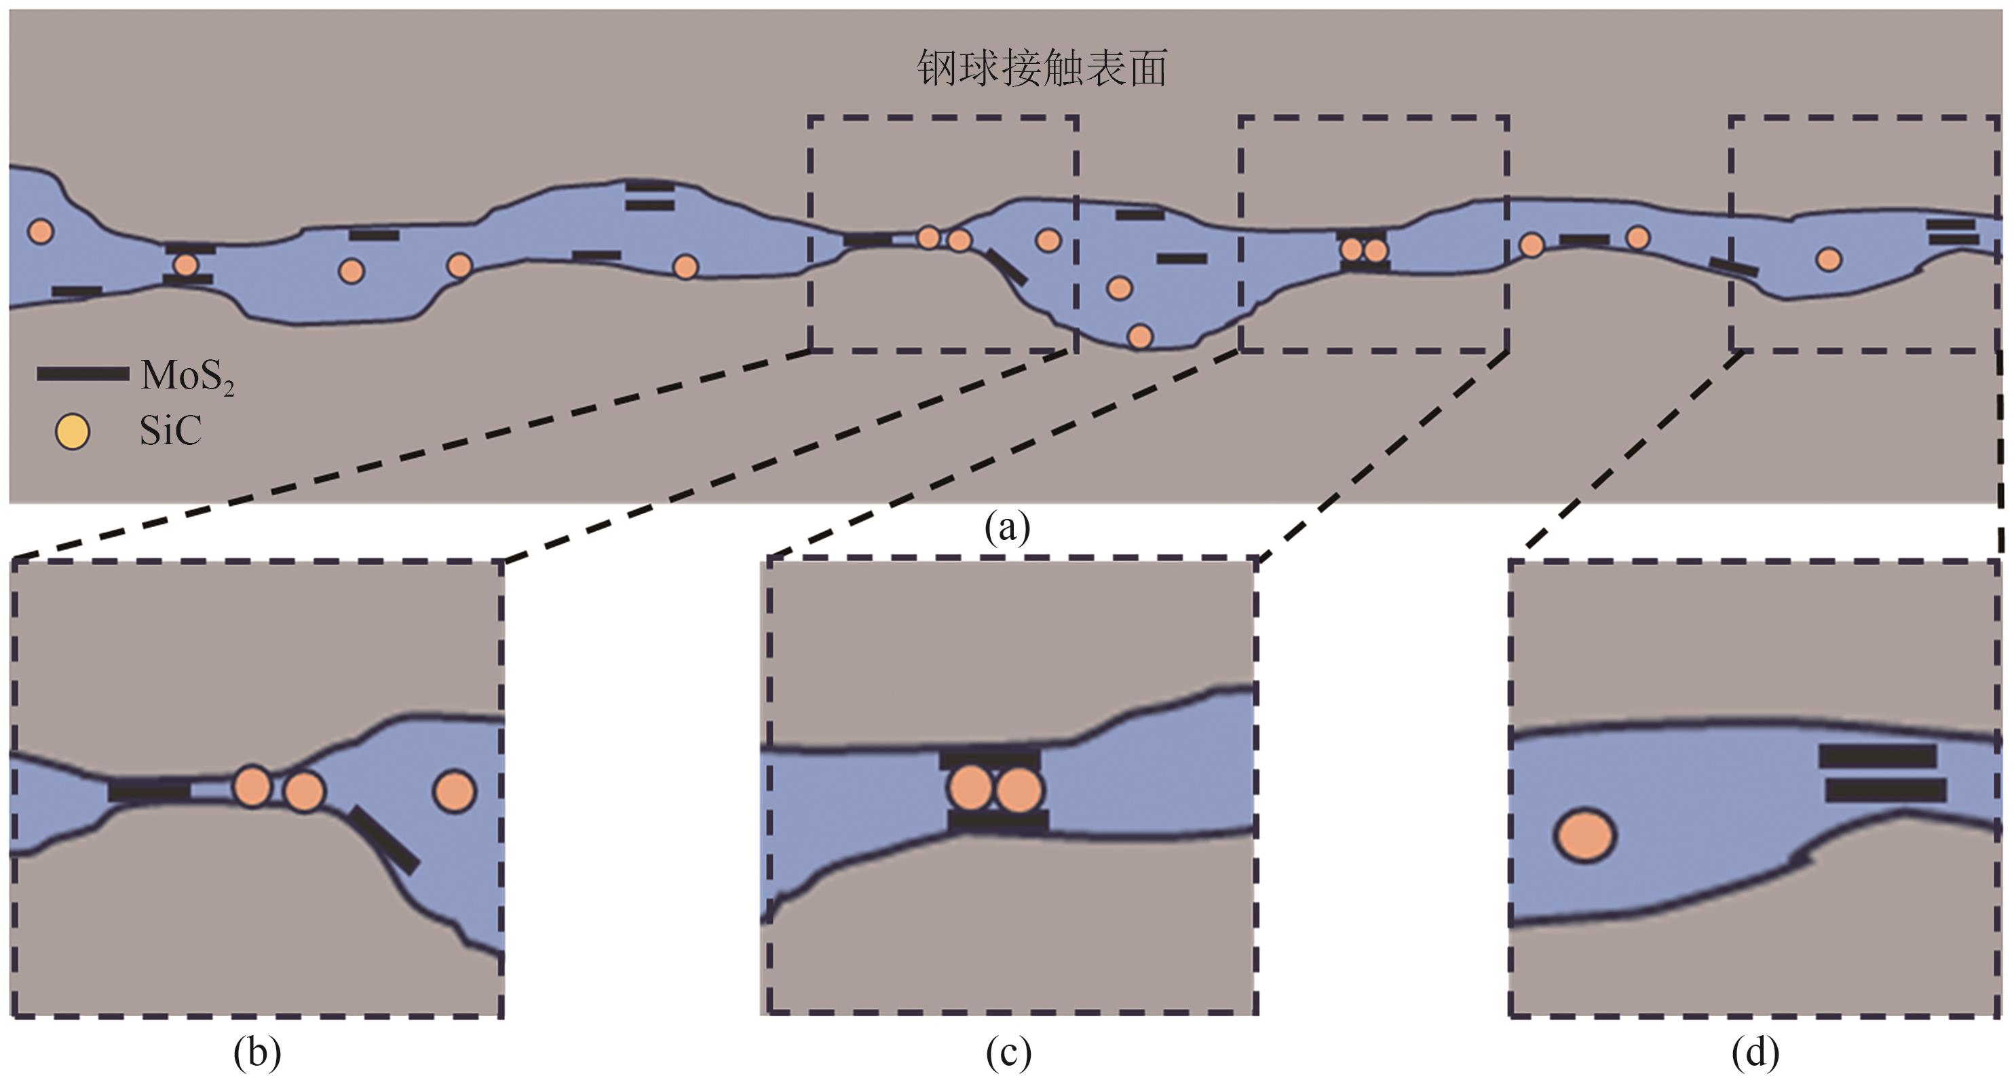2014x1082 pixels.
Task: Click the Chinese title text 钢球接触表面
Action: (x=1042, y=68)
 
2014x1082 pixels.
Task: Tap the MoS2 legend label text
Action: (x=188, y=377)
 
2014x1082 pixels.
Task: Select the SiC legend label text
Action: (x=170, y=431)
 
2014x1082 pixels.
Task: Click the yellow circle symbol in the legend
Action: (x=72, y=432)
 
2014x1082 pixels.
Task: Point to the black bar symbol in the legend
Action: (x=83, y=374)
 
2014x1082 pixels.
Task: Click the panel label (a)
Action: (x=1007, y=527)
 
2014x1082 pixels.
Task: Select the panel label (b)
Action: (x=256, y=1053)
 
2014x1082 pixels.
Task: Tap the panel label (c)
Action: (x=1008, y=1053)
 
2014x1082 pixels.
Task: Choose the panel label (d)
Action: (x=1756, y=1053)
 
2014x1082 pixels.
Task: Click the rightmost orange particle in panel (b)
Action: (x=454, y=791)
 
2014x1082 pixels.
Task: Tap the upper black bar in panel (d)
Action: (x=1877, y=756)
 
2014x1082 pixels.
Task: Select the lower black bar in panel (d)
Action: (x=1885, y=790)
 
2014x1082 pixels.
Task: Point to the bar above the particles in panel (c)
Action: (x=990, y=759)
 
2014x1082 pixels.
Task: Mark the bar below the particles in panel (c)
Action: (x=997, y=820)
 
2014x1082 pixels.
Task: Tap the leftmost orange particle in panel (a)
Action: (x=40, y=231)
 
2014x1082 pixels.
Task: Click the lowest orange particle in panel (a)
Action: (x=1140, y=336)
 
